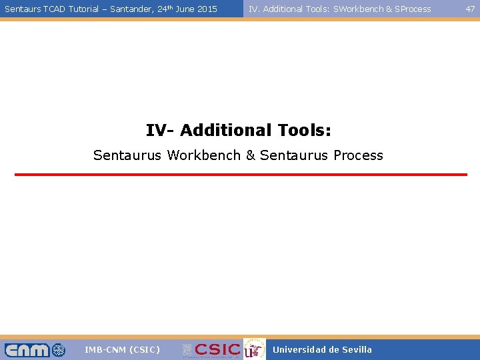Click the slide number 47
click(x=470, y=9)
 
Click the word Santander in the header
click(x=127, y=9)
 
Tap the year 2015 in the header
click(x=207, y=9)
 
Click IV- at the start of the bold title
click(x=160, y=130)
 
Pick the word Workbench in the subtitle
click(x=204, y=155)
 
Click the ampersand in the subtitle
click(x=251, y=155)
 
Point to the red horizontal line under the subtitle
click(x=241, y=175)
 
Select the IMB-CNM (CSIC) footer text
click(x=122, y=350)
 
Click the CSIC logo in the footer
click(x=211, y=350)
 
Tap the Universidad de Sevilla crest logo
click(x=253, y=350)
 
